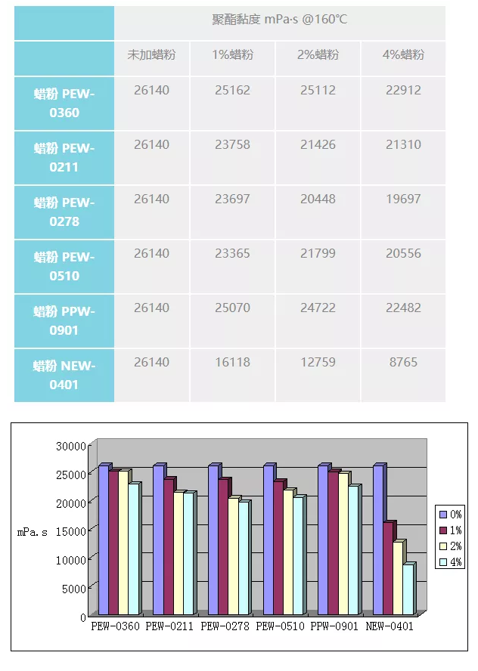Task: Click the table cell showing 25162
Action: (232, 91)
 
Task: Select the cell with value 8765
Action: (403, 363)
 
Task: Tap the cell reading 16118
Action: (232, 363)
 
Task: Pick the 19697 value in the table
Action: (403, 199)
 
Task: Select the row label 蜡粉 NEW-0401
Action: (64, 375)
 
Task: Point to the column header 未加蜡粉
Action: (151, 55)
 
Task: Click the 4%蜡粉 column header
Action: (403, 55)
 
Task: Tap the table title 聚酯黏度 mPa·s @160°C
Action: (279, 20)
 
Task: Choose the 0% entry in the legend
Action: (451, 514)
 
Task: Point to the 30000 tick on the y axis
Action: (72, 446)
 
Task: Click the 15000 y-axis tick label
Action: (72, 531)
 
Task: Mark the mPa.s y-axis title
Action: (33, 532)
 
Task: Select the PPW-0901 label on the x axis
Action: (334, 626)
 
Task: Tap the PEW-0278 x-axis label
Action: (225, 626)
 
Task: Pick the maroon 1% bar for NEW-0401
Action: (388, 568)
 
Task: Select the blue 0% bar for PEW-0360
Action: (103, 540)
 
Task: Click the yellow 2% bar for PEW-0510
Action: (288, 553)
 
